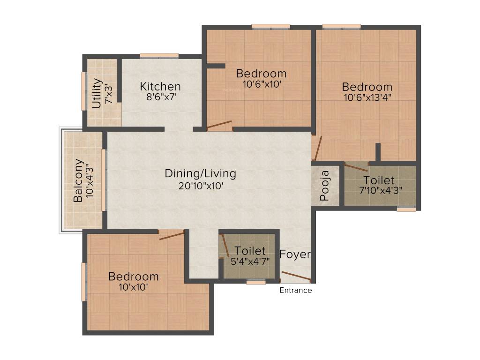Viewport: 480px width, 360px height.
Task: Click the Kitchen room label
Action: [160, 87]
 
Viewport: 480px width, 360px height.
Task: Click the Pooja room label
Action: [325, 186]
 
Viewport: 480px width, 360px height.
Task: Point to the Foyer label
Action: [295, 255]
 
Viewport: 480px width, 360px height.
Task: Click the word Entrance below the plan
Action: [295, 290]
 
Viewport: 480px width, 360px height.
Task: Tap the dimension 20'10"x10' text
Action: [200, 185]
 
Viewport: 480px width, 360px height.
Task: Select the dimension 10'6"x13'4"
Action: [367, 98]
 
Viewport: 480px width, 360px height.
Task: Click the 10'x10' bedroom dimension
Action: [133, 287]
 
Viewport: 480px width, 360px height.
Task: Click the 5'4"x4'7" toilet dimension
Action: [250, 261]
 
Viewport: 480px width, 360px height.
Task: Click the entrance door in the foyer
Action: [296, 277]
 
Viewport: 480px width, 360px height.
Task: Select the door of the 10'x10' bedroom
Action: [172, 235]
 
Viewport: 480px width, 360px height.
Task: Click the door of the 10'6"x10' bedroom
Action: [219, 125]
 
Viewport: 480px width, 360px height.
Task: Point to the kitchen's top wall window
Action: [159, 56]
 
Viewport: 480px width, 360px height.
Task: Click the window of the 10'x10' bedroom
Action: [84, 281]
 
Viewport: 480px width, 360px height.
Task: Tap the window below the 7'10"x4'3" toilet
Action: [406, 210]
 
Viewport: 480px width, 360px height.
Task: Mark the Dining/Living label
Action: [200, 173]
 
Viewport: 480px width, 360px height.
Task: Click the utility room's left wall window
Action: [84, 91]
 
